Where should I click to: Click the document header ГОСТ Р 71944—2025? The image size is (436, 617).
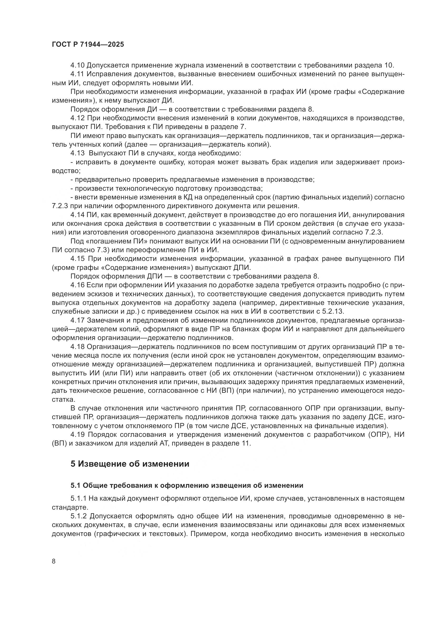tap(88, 45)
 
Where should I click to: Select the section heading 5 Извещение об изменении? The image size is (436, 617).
tap(130, 464)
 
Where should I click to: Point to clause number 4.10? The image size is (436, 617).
tap(77, 65)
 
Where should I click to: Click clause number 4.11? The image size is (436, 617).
tap(77, 74)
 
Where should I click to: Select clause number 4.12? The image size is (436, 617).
tap(77, 118)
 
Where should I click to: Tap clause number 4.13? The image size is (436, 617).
tap(77, 154)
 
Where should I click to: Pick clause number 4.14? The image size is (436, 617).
tap(77, 215)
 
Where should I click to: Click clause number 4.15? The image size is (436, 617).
tap(77, 259)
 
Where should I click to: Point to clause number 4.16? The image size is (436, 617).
tap(77, 285)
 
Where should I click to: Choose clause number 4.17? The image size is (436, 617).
tap(77, 321)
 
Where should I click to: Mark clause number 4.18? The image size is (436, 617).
tap(77, 347)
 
